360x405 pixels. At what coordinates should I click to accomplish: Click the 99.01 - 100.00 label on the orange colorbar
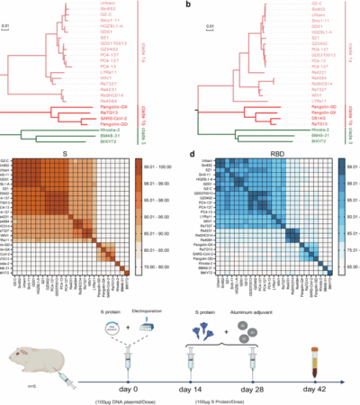pyautogui.click(x=164, y=166)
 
